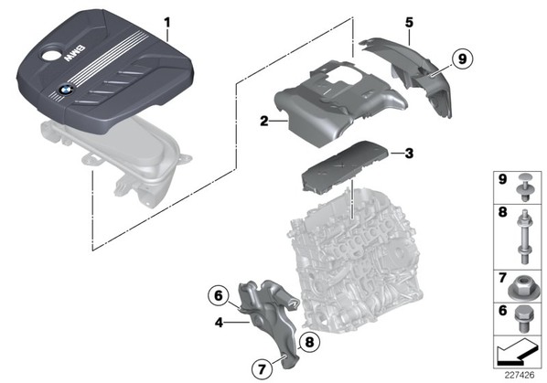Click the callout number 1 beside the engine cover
pos(167,24)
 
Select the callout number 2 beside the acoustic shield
pos(264,122)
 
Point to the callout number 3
pos(409,153)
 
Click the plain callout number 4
pos(219,323)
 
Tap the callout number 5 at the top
pos(409,22)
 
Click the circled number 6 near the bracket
pos(218,296)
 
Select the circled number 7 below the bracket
pos(262,368)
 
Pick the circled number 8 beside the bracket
pos(309,342)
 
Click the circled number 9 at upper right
pos(462,59)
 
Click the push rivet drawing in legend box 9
pos(525,186)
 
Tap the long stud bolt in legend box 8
pos(523,237)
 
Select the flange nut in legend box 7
pos(522,287)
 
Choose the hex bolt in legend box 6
pos(524,318)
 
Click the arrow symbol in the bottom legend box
pos(518,352)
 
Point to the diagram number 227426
pos(520,375)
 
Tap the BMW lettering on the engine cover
pos(74,53)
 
